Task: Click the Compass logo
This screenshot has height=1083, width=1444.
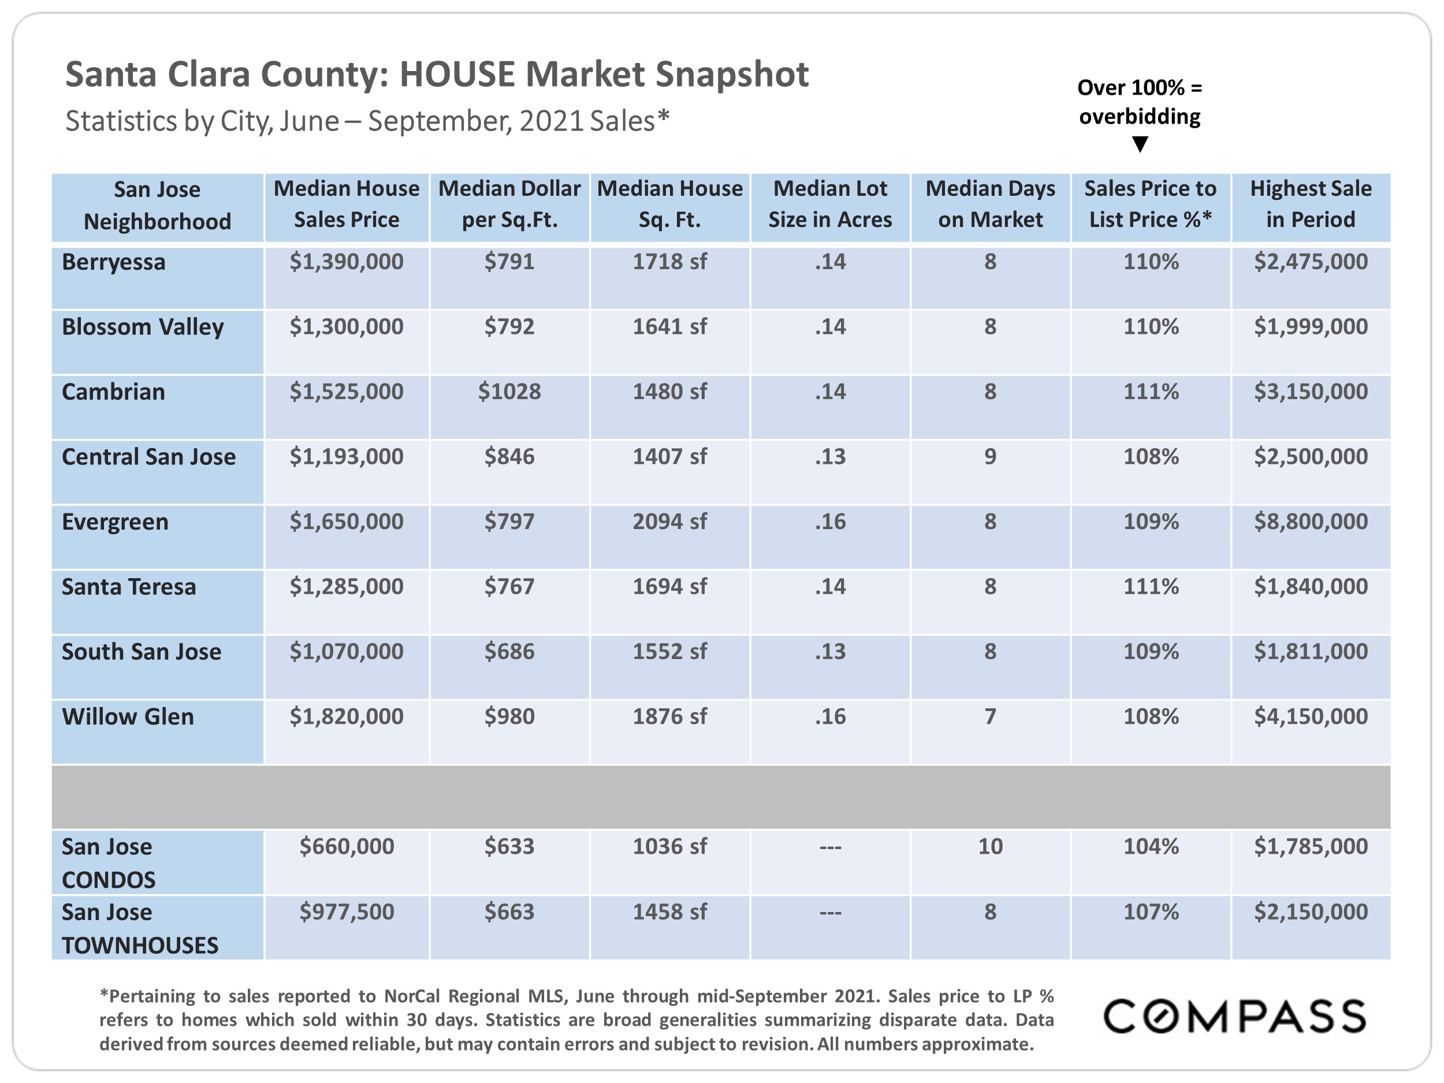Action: pyautogui.click(x=1234, y=1016)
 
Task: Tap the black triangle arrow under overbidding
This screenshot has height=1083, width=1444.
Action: pyautogui.click(x=1140, y=144)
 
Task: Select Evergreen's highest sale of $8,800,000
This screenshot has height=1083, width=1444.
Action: pyautogui.click(x=1310, y=522)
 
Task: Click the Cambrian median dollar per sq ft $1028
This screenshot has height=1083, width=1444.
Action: pyautogui.click(x=509, y=392)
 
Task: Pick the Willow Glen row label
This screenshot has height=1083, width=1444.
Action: pyautogui.click(x=128, y=717)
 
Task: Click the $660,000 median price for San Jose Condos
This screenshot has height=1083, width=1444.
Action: pyautogui.click(x=347, y=847)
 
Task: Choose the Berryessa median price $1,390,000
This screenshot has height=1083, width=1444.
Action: pyautogui.click(x=347, y=262)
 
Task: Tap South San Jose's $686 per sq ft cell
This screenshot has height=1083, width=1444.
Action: pyautogui.click(x=509, y=652)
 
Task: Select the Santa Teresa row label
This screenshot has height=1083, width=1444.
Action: pyautogui.click(x=129, y=587)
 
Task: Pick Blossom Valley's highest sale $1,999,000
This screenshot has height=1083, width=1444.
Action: pyautogui.click(x=1310, y=326)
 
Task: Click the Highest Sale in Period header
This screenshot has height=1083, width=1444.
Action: pyautogui.click(x=1310, y=204)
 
